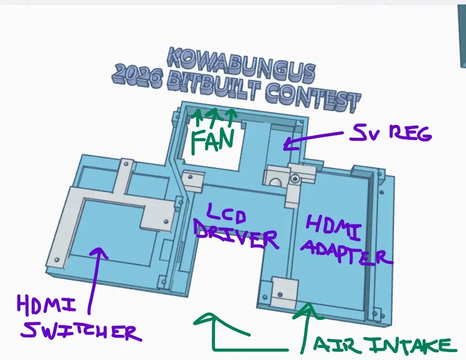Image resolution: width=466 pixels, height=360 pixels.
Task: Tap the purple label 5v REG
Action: [x=391, y=133]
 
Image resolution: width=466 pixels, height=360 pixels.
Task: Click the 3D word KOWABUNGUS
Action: [x=241, y=65]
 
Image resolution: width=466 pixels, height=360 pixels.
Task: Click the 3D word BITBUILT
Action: [x=213, y=86]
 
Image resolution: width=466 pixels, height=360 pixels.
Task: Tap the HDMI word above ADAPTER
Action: [x=333, y=227]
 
